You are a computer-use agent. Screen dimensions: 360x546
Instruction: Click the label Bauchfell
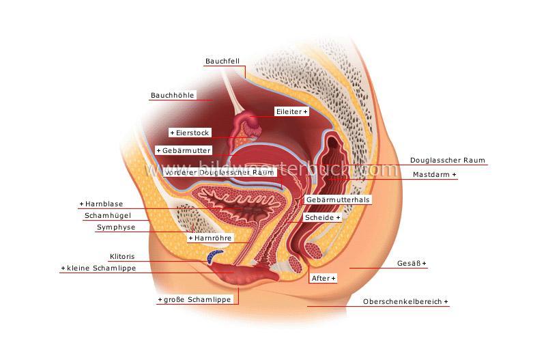pyautogui.click(x=220, y=61)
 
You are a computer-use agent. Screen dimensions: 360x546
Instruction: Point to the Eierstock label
pyautogui.click(x=191, y=133)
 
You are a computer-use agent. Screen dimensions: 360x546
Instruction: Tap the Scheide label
pyautogui.click(x=322, y=217)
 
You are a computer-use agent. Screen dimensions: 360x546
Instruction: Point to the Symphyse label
pyautogui.click(x=116, y=227)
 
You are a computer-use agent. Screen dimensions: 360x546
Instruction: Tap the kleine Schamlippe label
pyautogui.click(x=98, y=268)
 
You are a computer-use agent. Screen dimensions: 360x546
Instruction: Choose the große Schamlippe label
pyautogui.click(x=195, y=300)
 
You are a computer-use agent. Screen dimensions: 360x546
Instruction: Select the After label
pyautogui.click(x=323, y=279)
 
